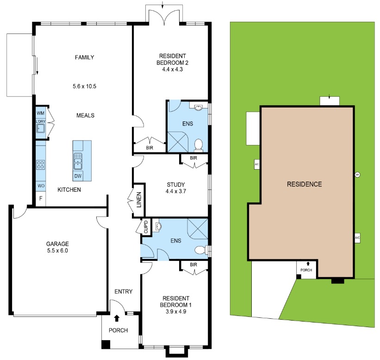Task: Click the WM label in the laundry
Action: click(x=40, y=113)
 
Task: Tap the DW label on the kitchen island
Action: click(x=78, y=176)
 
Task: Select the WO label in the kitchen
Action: click(x=41, y=186)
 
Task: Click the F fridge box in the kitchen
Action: click(x=41, y=199)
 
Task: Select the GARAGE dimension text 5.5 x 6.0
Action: click(x=57, y=251)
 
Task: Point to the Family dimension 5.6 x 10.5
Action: click(x=84, y=86)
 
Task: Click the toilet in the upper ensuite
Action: click(x=199, y=145)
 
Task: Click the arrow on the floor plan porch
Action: click(x=116, y=318)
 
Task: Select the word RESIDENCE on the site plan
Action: click(x=304, y=184)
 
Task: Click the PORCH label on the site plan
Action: click(x=306, y=270)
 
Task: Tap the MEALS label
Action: click(x=86, y=115)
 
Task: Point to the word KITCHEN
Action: click(x=69, y=190)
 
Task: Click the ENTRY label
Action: click(x=124, y=291)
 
